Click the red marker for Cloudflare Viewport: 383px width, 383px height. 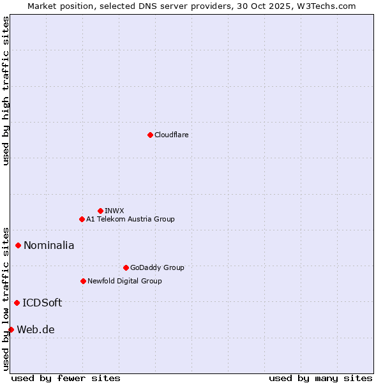tap(150, 135)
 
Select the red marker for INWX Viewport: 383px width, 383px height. tap(100, 211)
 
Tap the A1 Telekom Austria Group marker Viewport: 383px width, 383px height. tap(82, 219)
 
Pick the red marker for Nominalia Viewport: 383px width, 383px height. tap(18, 245)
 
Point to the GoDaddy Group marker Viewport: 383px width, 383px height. tap(126, 267)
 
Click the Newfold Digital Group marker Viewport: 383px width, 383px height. tap(83, 281)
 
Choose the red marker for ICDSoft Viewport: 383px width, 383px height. tap(17, 303)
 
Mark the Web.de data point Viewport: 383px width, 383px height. tap(11, 329)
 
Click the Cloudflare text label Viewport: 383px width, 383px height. tap(171, 135)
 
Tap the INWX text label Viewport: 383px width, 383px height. tap(114, 211)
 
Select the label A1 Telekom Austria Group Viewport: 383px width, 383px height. tap(130, 219)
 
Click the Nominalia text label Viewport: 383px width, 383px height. tap(49, 245)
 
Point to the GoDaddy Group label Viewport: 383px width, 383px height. tap(157, 267)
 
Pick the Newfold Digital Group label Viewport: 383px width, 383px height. tap(124, 281)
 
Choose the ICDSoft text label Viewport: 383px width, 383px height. tap(42, 303)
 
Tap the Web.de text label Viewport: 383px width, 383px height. tap(36, 329)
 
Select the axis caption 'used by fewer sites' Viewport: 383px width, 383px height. tap(66, 378)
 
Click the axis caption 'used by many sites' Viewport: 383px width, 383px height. tap(320, 378)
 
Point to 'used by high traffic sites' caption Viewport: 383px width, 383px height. tap(6, 91)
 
